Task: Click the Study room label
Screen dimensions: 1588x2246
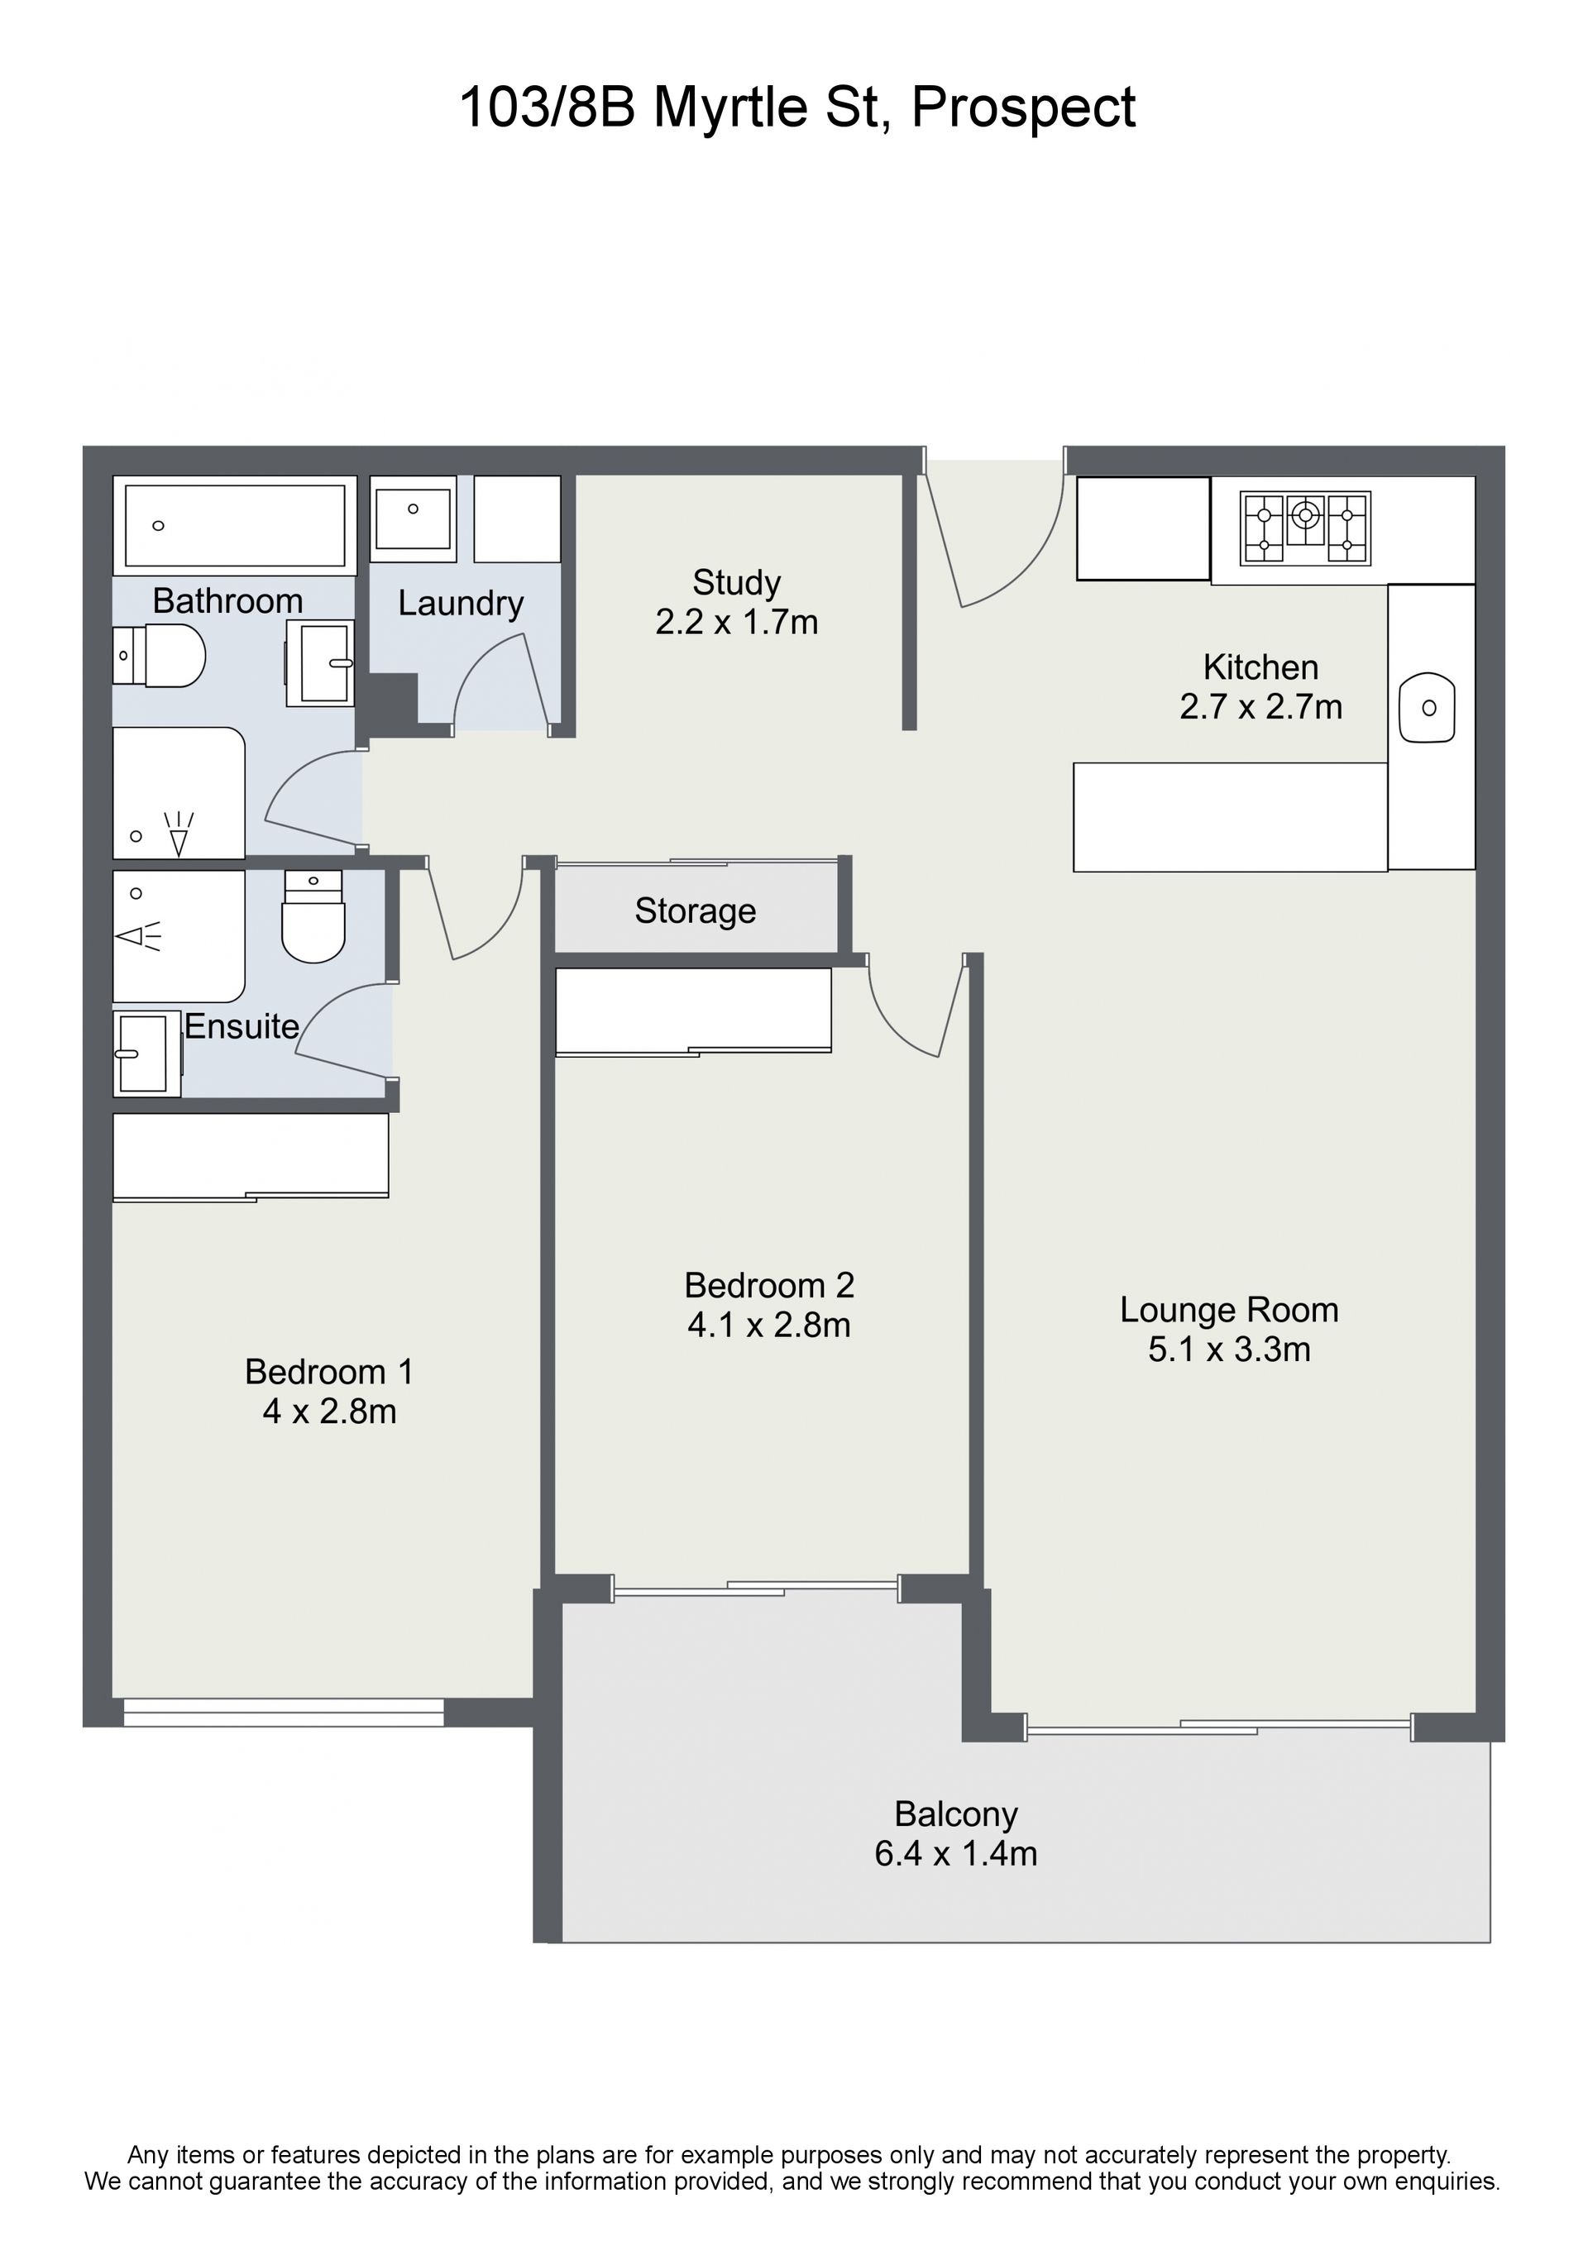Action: (736, 583)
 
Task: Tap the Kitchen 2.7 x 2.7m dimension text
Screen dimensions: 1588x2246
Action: (1260, 706)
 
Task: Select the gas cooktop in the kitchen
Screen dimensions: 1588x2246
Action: (1304, 528)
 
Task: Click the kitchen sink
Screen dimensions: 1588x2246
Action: (1428, 707)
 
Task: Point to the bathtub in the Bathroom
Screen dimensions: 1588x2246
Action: (235, 525)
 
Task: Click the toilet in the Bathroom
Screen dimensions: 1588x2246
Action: (160, 656)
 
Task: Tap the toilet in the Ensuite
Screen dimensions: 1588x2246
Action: (313, 915)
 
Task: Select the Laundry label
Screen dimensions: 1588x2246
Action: (460, 604)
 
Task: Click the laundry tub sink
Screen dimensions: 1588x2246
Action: (413, 519)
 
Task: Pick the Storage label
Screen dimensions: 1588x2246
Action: (695, 910)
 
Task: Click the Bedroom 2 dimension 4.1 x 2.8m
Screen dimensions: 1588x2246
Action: (769, 1326)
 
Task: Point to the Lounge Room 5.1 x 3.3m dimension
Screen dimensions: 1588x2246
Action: (1229, 1349)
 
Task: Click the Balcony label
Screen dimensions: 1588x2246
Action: (956, 1814)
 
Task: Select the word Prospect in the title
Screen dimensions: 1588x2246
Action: (1023, 108)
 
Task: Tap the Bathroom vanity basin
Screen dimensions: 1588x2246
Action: (320, 663)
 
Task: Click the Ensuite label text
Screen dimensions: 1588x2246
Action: (242, 1026)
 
